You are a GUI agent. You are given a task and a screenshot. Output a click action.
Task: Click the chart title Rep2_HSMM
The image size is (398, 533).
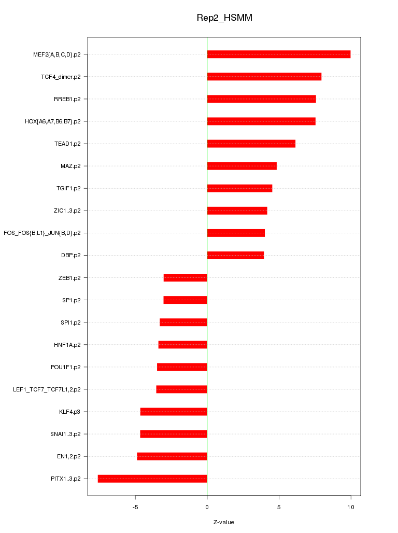(224, 18)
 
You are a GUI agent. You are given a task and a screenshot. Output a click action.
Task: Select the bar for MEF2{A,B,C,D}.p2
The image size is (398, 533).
(278, 54)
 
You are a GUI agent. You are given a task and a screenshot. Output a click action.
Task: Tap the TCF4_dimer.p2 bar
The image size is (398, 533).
(264, 77)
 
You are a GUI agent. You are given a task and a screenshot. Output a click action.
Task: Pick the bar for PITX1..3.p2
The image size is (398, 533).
(152, 479)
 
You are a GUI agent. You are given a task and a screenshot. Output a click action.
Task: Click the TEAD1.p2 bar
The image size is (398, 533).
(251, 144)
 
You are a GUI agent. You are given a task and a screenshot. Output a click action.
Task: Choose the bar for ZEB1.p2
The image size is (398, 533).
(185, 278)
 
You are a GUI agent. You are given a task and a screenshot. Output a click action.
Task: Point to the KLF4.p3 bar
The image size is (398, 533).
(174, 412)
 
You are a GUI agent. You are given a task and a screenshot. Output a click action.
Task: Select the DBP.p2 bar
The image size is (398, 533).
(235, 255)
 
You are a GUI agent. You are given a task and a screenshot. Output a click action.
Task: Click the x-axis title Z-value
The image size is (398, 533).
(224, 522)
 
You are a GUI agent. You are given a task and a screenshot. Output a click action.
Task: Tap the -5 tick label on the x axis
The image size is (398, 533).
(135, 507)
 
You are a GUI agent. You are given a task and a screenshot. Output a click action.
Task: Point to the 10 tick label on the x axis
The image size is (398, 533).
(351, 507)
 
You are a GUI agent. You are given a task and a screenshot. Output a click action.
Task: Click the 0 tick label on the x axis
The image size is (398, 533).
(207, 507)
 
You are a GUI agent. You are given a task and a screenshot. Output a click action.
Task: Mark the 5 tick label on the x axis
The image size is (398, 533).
(279, 507)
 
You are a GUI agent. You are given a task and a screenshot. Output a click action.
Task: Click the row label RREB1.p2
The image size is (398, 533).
(67, 99)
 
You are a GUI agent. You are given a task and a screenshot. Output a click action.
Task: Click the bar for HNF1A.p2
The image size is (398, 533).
(182, 345)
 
